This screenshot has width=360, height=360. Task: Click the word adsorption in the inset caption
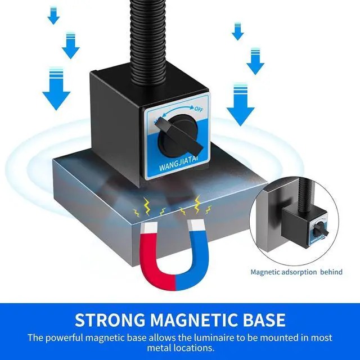click(298, 272)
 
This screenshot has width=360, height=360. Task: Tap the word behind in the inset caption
click(331, 272)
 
